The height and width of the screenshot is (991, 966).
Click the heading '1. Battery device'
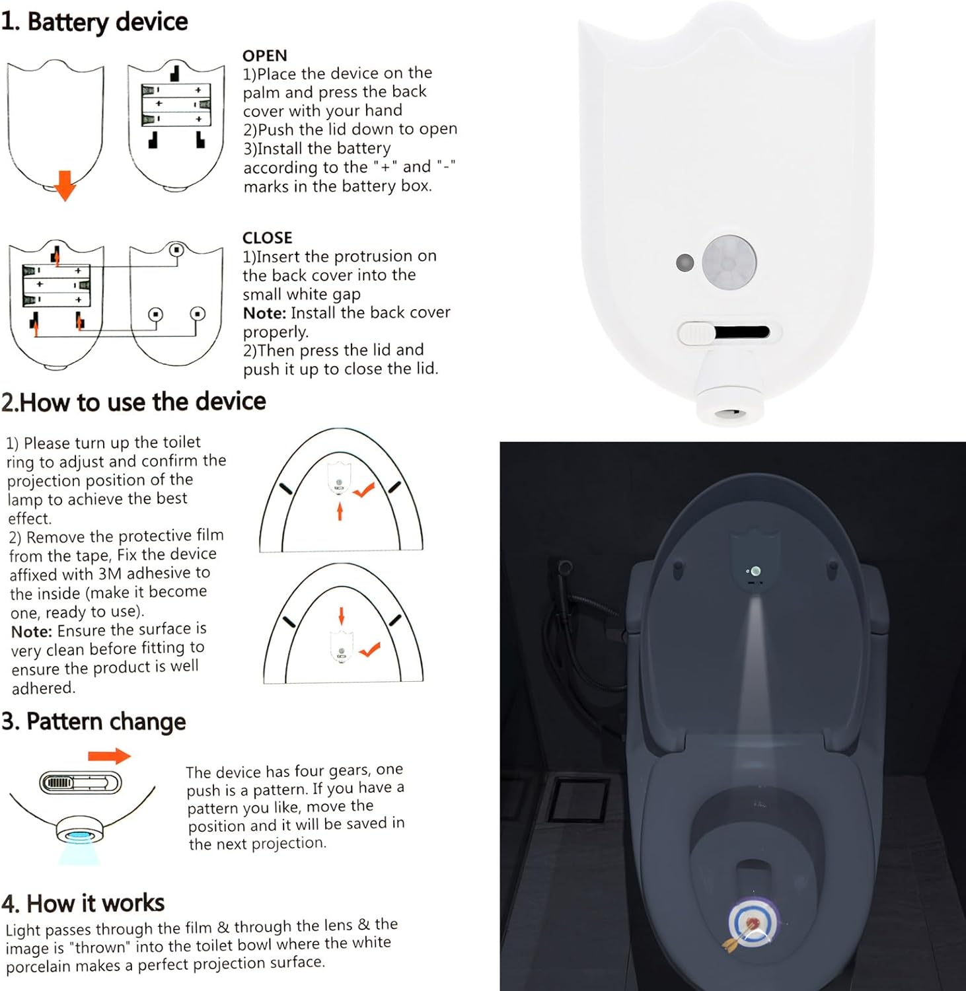pyautogui.click(x=94, y=22)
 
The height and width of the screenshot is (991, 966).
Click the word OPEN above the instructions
pyautogui.click(x=264, y=55)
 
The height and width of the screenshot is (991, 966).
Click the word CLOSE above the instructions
pyautogui.click(x=267, y=238)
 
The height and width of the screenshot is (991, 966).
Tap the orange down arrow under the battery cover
pyautogui.click(x=65, y=185)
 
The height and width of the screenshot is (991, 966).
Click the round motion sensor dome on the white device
pyautogui.click(x=729, y=262)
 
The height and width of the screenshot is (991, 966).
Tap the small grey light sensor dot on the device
pyautogui.click(x=685, y=262)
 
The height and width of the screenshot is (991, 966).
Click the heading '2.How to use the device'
pyautogui.click(x=133, y=402)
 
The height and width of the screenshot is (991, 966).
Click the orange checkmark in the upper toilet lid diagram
pyautogui.click(x=364, y=490)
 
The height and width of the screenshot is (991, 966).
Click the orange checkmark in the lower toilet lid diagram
pyautogui.click(x=369, y=649)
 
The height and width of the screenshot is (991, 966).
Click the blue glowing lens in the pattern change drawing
pyautogui.click(x=80, y=836)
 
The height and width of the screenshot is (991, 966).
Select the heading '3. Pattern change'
pyautogui.click(x=93, y=721)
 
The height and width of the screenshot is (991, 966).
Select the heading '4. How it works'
pyautogui.click(x=83, y=903)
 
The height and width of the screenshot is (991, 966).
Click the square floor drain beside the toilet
pyautogui.click(x=579, y=799)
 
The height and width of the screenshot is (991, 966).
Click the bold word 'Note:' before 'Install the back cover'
pyautogui.click(x=264, y=313)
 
